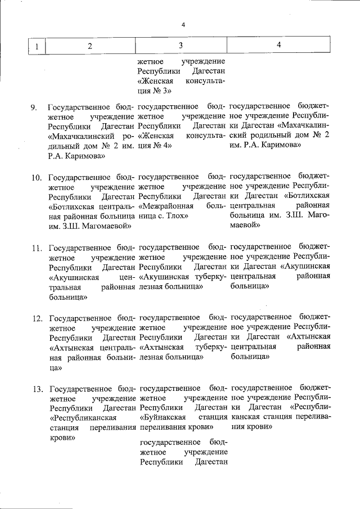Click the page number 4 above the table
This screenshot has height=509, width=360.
pos(183,24)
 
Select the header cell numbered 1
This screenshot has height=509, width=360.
pos(37,46)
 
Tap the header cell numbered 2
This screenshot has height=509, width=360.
pos(89,46)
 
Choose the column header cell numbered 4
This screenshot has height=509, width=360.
pos(279,46)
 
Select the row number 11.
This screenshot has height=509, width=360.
pos(36,247)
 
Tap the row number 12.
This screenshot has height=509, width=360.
pos(37,318)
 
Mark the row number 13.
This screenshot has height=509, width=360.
pos(37,389)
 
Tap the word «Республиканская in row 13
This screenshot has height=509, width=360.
pos(83,418)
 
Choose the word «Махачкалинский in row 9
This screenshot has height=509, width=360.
pos(82,136)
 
